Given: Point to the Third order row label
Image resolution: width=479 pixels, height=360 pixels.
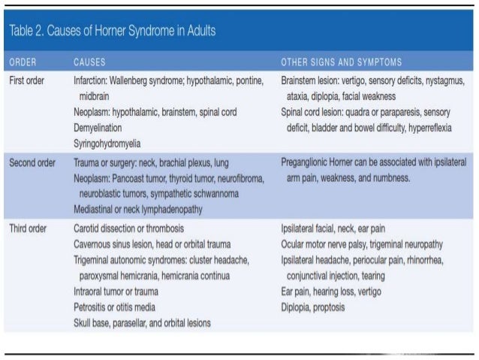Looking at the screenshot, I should [29, 228].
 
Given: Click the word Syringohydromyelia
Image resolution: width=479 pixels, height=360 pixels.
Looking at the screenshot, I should [107, 143].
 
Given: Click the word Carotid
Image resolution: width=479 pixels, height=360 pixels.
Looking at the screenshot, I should [88, 228].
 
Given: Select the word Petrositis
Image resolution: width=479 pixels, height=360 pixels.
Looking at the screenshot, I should [92, 307].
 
